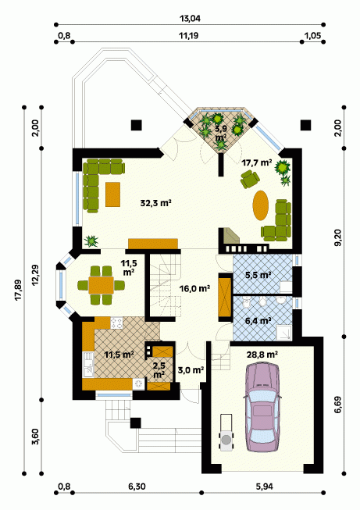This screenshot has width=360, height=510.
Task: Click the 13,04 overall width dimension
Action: (190, 19)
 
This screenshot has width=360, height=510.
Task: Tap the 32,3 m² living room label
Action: (155, 203)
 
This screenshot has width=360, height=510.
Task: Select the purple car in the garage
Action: (262, 408)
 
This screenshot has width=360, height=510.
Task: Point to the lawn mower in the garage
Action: (226, 432)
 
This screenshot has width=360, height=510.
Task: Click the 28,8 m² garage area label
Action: (262, 355)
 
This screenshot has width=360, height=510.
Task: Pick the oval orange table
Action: (261, 205)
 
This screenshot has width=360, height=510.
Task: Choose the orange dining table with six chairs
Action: (102, 285)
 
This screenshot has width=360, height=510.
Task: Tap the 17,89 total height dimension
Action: (19, 290)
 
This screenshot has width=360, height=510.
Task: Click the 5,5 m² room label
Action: (258, 275)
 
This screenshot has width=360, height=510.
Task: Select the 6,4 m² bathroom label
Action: (258, 321)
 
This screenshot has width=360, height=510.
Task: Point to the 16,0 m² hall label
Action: (194, 288)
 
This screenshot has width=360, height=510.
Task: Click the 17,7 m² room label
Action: (257, 162)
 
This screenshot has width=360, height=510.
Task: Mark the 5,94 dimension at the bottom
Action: (265, 487)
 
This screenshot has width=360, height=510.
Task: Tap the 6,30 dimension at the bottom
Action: (137, 487)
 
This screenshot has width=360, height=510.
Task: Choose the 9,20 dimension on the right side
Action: (339, 238)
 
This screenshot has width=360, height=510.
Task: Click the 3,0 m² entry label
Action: (191, 369)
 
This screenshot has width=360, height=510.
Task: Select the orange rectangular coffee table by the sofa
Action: (113, 194)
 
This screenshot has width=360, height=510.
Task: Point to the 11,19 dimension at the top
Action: (188, 35)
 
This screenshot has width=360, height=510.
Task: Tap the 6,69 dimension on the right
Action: (339, 405)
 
